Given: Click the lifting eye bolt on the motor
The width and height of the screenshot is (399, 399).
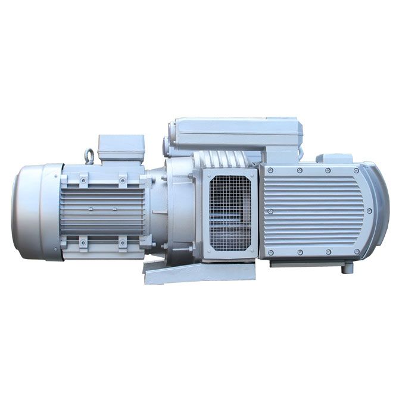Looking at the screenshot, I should click(x=90, y=157).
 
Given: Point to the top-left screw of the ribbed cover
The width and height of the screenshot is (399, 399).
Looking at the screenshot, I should click(x=271, y=171).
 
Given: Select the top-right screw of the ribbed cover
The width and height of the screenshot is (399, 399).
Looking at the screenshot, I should click(x=356, y=170).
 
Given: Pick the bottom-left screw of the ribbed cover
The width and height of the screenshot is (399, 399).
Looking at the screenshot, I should click(x=271, y=252).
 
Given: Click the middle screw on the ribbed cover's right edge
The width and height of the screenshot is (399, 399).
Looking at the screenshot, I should click(x=369, y=211).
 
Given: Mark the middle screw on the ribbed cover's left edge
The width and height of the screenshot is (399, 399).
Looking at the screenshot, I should click(x=270, y=211).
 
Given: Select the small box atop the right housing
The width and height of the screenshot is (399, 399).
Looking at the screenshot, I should click(x=334, y=158).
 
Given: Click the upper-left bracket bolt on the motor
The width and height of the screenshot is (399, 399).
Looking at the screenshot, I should click(x=83, y=178).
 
